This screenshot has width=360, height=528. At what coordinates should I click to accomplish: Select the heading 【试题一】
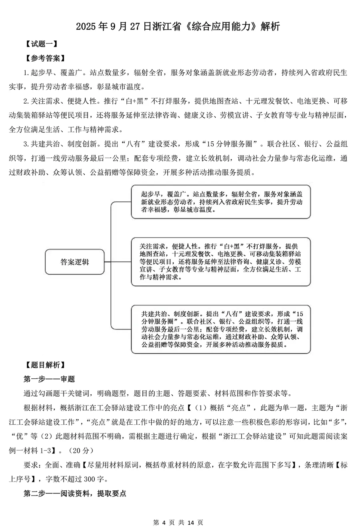(x=42, y=44)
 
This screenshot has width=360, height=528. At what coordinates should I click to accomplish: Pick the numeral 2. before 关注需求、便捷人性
(x=26, y=101)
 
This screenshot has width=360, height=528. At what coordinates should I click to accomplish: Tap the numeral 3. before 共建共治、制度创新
(x=26, y=143)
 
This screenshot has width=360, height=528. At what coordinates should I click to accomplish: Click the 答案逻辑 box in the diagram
(x=75, y=262)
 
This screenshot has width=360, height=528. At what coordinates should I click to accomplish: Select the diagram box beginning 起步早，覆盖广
(x=221, y=201)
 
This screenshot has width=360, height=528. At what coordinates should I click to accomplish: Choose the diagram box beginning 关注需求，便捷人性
(x=221, y=261)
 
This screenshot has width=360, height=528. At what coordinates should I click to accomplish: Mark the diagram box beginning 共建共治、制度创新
(x=221, y=329)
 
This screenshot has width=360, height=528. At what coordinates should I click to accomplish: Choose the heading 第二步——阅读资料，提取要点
(x=75, y=493)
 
